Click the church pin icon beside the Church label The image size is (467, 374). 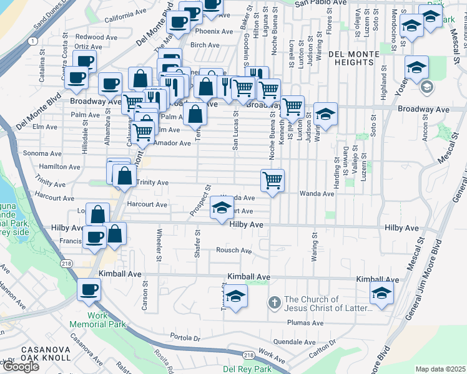pos(273,303)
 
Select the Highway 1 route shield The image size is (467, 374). pos(31,41)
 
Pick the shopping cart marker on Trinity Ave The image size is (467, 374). pos(272,180)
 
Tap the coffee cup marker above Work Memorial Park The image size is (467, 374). pos(89,290)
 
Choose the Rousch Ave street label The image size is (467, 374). pos(234,251)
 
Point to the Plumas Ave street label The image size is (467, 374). pos(305,323)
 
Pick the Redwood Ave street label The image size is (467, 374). pos(87,37)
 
